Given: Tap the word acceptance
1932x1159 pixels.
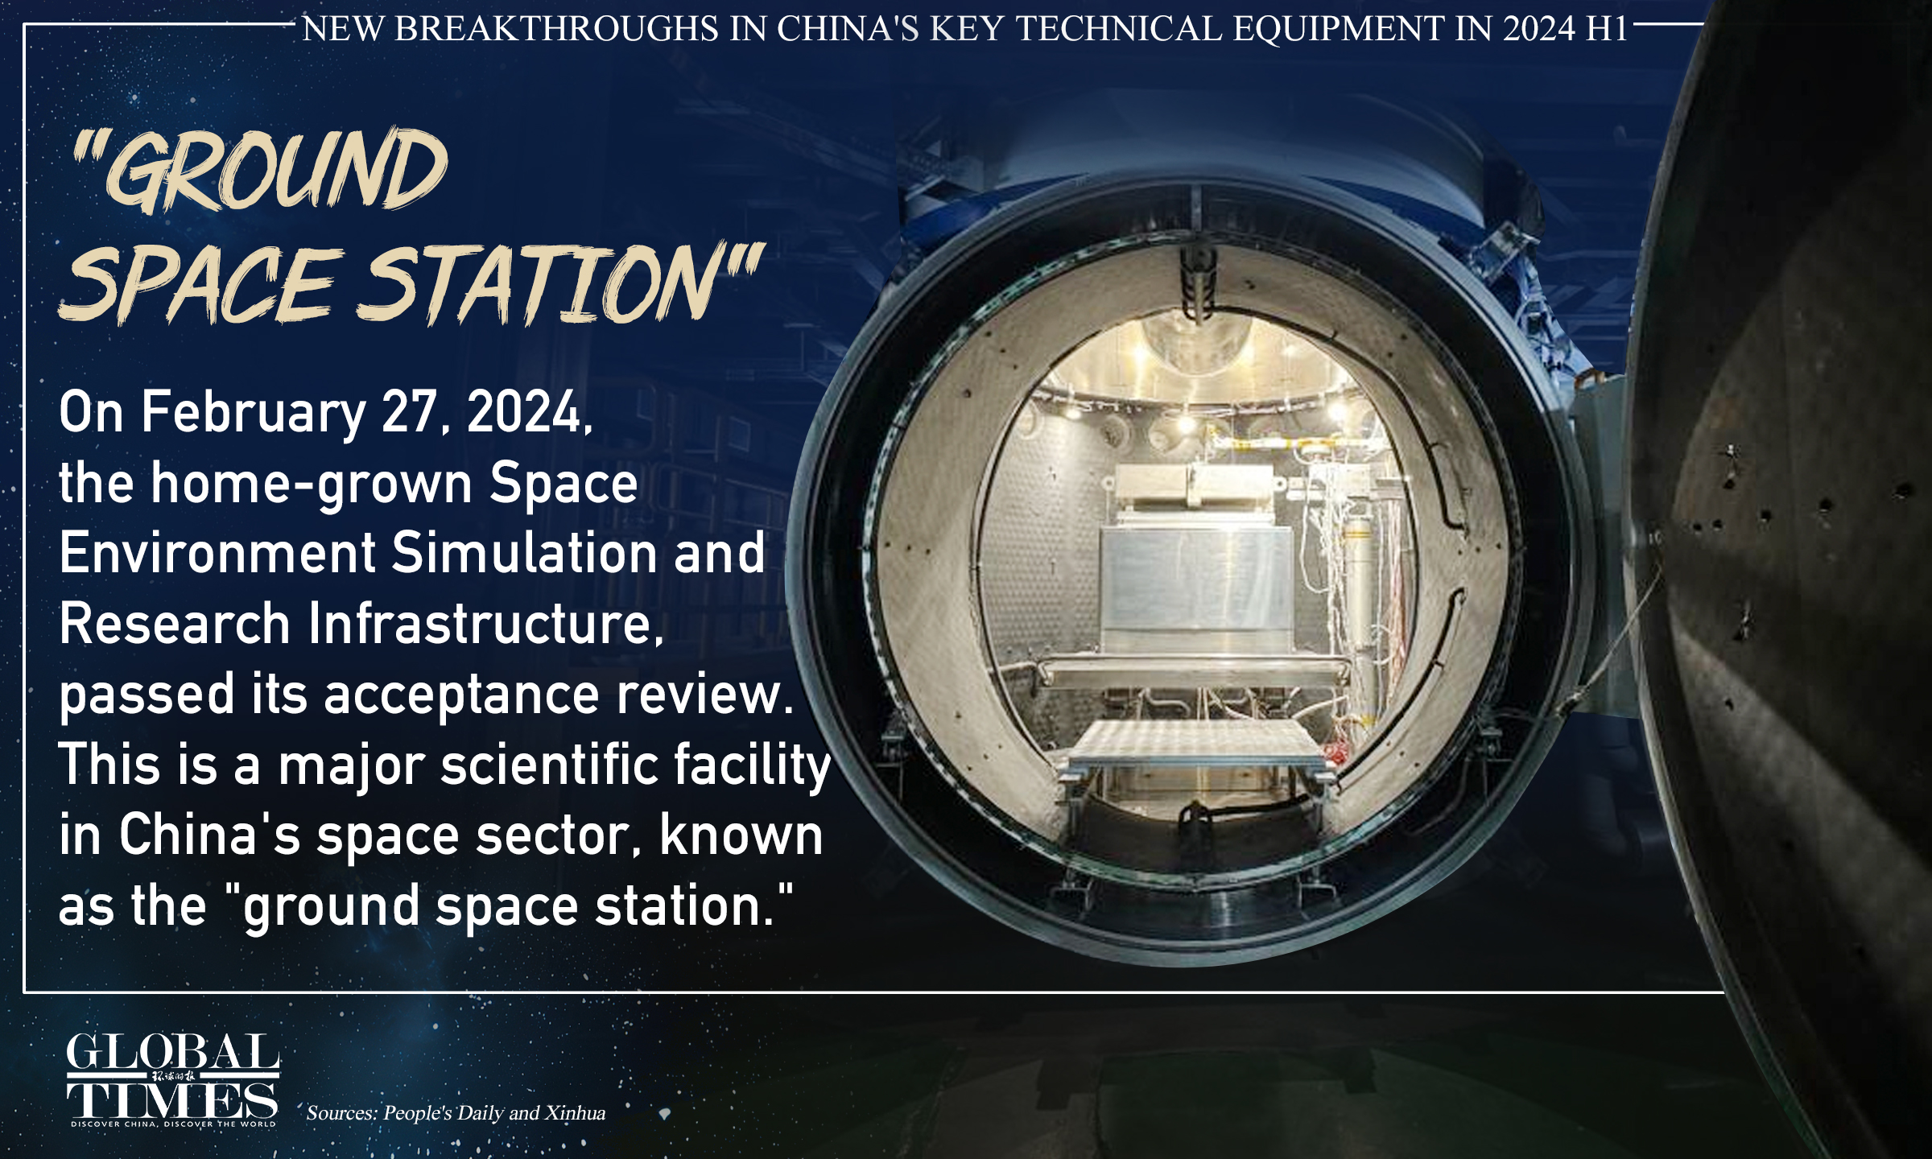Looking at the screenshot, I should [461, 694].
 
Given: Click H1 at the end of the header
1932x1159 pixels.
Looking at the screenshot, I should [1606, 29].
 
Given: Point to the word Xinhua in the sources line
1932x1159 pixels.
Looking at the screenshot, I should [575, 1113].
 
